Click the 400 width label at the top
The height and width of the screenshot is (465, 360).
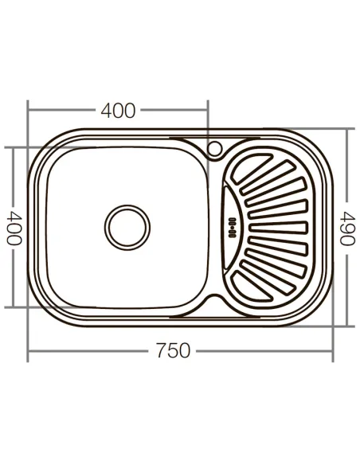point(118,111)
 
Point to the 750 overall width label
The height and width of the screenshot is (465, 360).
point(174,350)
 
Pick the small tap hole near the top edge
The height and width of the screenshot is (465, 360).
point(215,149)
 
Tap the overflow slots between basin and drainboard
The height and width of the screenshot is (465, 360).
point(232,226)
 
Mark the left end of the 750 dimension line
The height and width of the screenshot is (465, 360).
point(29,350)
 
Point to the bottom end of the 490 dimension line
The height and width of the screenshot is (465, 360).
point(348,325)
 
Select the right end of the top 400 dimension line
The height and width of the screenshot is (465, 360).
point(208,111)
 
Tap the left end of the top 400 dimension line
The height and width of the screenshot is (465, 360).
point(29,111)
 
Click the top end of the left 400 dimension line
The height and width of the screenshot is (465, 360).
point(12,147)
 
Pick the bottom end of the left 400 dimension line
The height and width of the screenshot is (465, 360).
point(12,307)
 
